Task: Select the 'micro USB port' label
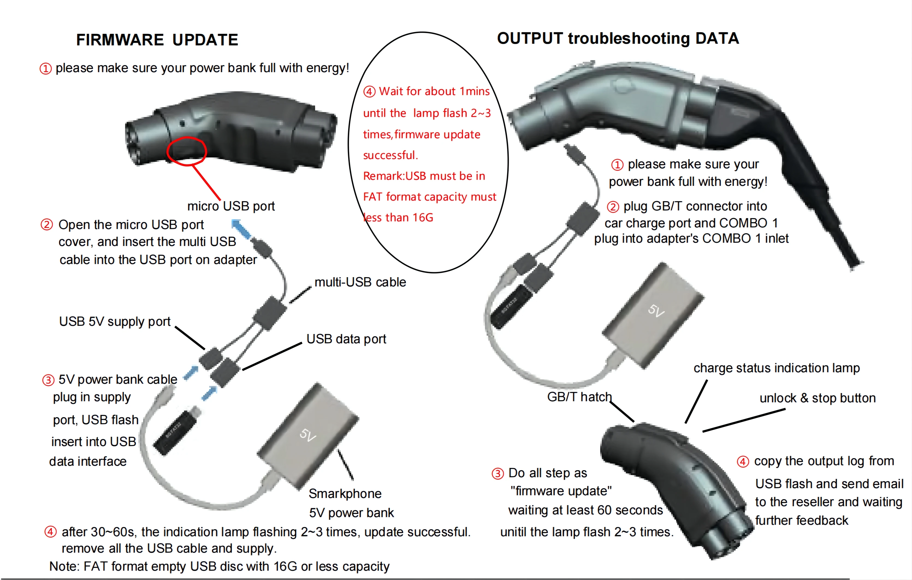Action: tap(231, 206)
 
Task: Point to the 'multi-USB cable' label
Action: tap(360, 282)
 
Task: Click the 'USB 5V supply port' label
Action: tap(115, 321)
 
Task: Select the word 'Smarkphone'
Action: tap(345, 494)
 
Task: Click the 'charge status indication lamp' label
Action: tap(776, 368)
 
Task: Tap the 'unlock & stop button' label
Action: tap(817, 398)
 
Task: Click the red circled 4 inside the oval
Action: tap(369, 92)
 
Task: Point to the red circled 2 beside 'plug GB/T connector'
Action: tap(613, 207)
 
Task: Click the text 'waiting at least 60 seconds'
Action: tap(585, 510)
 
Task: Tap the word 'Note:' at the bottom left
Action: tap(64, 566)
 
